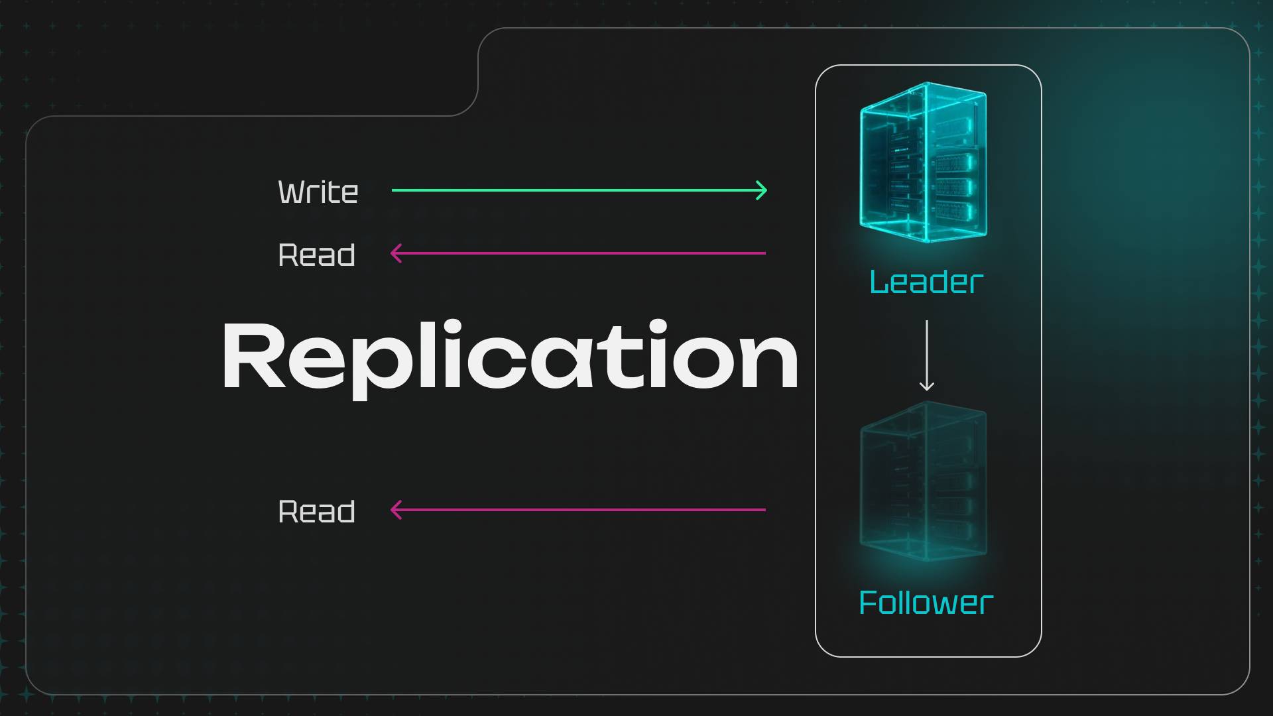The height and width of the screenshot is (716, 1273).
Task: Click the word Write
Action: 318,192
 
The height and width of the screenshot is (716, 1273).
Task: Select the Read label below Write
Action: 317,255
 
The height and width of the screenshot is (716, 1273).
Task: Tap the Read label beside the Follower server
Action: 317,512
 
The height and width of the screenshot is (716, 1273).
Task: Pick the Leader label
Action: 926,282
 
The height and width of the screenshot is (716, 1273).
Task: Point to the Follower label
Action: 926,603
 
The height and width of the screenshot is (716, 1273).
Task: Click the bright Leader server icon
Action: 924,162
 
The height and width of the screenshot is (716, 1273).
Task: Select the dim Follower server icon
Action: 924,482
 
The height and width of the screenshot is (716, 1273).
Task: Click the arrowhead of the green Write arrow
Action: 763,190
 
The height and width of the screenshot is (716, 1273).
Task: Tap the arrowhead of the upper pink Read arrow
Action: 396,253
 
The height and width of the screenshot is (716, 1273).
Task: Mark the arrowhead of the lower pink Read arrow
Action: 396,510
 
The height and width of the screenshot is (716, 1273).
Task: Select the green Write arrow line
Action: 577,190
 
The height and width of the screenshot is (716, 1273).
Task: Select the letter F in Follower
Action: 867,603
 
